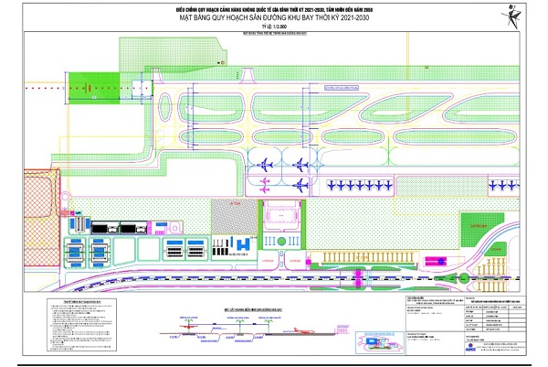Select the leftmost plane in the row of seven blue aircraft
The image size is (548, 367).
(330, 184)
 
